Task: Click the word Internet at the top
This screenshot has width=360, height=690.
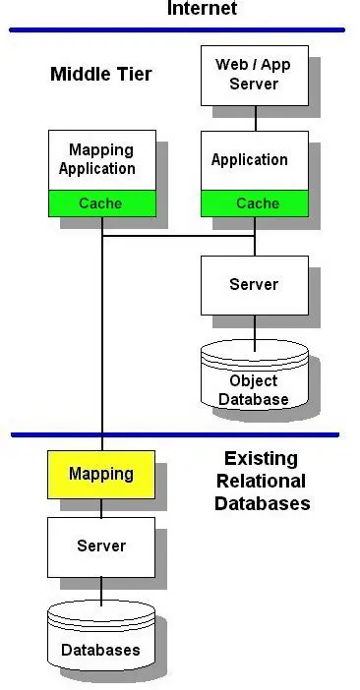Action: click(202, 9)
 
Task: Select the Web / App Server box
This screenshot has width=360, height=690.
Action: click(254, 75)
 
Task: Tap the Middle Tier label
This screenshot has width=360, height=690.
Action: click(101, 74)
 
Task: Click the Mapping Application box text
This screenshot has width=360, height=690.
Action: click(101, 159)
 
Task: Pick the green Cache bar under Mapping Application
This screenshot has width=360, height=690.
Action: click(101, 203)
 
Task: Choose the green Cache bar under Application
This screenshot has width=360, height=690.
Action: click(254, 203)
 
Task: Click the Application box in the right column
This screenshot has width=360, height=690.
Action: click(250, 160)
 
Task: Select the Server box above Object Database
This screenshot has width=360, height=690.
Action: click(254, 285)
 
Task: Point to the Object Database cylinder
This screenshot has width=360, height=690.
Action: click(254, 383)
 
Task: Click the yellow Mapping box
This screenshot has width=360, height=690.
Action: click(101, 474)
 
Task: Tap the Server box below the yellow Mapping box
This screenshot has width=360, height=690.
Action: click(101, 546)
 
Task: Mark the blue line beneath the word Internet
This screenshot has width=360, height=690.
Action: click(177, 30)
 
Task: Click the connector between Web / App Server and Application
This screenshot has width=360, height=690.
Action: click(255, 118)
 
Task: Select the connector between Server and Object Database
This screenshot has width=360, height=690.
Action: click(255, 332)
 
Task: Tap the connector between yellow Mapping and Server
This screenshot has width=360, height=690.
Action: click(101, 507)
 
